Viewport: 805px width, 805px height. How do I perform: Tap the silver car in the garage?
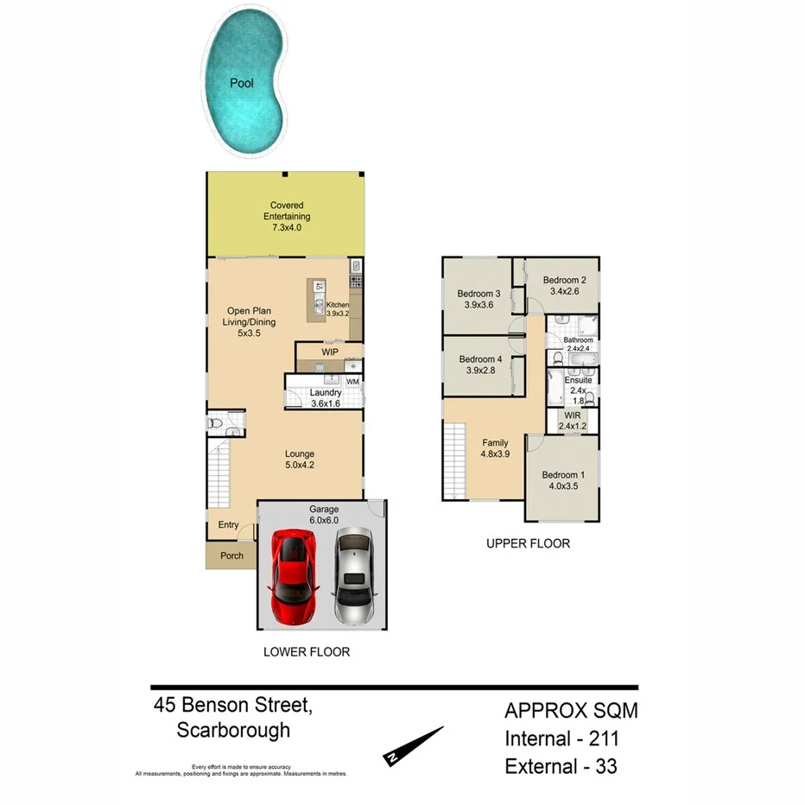tap(354, 576)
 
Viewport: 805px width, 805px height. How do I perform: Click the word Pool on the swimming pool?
tap(241, 84)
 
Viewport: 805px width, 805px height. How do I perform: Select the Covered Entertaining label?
tap(286, 211)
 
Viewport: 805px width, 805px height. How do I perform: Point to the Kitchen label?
tap(338, 305)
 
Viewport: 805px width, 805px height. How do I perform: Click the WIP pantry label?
tap(329, 352)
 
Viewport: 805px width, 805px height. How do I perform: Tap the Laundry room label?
tap(326, 393)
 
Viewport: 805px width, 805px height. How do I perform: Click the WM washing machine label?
tap(352, 381)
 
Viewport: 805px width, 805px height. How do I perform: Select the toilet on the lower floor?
tap(216, 424)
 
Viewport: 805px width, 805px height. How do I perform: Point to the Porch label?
tap(231, 555)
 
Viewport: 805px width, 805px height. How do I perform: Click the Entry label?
tap(228, 525)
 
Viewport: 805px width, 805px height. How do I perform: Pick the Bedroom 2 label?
tap(565, 280)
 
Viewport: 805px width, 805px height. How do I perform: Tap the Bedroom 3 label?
tap(479, 294)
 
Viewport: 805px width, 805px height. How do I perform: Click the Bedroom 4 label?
tap(480, 359)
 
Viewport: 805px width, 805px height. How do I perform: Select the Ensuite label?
tap(578, 380)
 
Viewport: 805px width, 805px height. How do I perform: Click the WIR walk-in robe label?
tap(571, 415)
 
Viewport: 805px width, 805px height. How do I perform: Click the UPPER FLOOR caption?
tap(528, 543)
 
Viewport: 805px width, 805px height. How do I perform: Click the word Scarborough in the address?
tap(233, 730)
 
